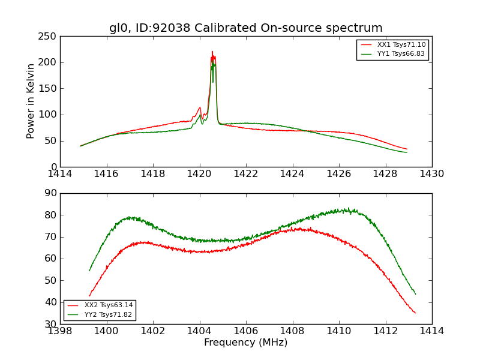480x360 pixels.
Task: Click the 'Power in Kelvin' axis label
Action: click(x=31, y=101)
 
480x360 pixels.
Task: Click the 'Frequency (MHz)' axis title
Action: click(x=246, y=343)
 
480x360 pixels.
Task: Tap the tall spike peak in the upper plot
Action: click(x=212, y=52)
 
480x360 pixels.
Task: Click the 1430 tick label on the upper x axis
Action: click(x=432, y=174)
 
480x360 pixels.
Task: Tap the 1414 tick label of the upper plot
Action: click(x=61, y=174)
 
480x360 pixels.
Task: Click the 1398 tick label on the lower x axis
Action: click(x=61, y=331)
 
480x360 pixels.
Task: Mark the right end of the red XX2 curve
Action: click(x=415, y=313)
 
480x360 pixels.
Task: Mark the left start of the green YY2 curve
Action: click(x=89, y=271)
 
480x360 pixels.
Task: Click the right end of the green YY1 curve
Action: click(x=407, y=152)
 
